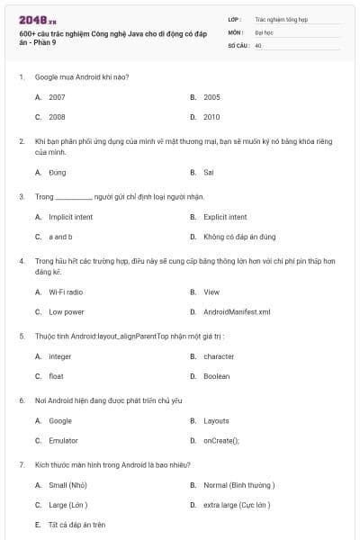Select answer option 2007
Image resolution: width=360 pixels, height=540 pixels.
(57, 96)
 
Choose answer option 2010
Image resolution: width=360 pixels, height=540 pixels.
(211, 117)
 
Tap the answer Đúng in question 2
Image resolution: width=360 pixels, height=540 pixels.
(57, 172)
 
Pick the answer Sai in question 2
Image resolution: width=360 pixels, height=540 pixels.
(208, 172)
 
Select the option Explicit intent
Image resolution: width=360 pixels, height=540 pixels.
(225, 217)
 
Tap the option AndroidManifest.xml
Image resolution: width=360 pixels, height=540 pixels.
(236, 312)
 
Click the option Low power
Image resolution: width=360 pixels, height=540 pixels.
(67, 312)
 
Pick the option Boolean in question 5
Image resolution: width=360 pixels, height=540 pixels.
(216, 376)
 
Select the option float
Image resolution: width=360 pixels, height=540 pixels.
(56, 376)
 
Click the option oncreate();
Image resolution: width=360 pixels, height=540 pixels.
(221, 441)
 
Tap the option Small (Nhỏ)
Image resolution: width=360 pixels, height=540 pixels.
(67, 485)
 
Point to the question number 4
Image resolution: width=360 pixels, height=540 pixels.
(21, 260)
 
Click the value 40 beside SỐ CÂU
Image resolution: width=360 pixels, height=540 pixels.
(258, 44)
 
